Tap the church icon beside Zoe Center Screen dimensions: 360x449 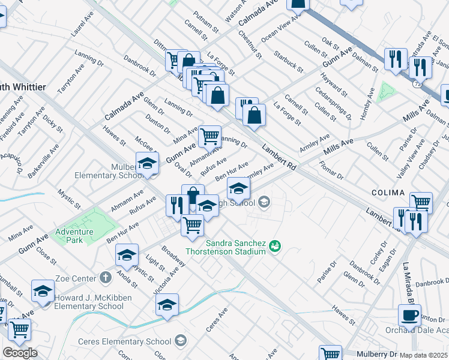(106, 277)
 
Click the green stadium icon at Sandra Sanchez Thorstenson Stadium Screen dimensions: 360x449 (276, 245)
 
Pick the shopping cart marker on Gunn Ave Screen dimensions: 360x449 (209, 136)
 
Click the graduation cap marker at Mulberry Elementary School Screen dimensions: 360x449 (147, 163)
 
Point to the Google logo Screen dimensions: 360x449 (19, 353)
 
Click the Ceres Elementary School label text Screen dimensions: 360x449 (125, 341)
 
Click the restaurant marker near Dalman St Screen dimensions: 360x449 (394, 59)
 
